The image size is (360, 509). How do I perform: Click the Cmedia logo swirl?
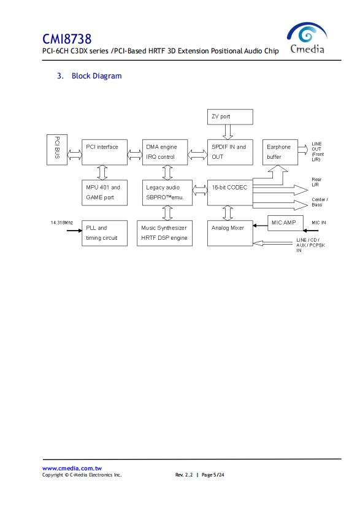coord(307,33)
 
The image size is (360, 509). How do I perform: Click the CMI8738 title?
coord(67,39)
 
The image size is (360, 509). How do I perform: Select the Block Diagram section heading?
coord(90,76)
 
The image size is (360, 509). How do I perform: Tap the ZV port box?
coord(230,117)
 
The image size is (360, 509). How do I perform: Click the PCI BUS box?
coord(57,150)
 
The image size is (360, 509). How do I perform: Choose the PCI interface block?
coord(104,152)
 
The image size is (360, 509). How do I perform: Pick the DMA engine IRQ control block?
coord(165,152)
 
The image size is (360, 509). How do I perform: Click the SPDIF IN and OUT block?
coord(230,152)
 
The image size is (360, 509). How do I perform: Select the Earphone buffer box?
coord(280,152)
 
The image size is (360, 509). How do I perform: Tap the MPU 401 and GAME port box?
coord(104,193)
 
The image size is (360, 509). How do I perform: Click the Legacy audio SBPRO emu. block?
coord(167,193)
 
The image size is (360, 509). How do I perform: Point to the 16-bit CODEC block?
coord(230,193)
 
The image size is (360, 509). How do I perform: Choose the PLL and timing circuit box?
coord(104,233)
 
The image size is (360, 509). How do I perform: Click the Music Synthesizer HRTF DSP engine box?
coord(164,233)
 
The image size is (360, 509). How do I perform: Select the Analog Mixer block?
coord(230,233)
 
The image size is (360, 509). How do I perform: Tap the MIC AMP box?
coord(285,223)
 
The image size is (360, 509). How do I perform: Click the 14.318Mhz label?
coord(62,223)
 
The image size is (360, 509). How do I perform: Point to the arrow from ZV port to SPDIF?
coord(228,132)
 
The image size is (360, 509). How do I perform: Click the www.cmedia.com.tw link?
coord(72,469)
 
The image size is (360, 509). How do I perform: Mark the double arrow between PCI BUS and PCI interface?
coord(75,155)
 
